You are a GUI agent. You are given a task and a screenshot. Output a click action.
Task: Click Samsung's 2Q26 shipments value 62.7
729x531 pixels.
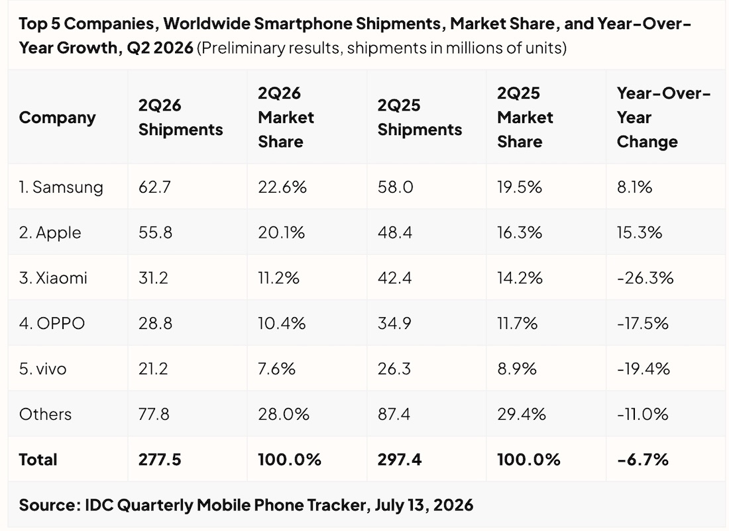[154, 187]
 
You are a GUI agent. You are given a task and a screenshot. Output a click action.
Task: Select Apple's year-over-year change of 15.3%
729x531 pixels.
[640, 232]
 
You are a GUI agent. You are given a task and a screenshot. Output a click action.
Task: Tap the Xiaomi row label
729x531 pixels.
[53, 278]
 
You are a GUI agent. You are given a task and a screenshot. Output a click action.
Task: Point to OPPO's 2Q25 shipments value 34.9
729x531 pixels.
[394, 323]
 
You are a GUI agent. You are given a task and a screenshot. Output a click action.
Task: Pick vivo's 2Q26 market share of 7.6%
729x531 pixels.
[276, 369]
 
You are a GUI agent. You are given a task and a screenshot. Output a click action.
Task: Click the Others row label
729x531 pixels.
[45, 414]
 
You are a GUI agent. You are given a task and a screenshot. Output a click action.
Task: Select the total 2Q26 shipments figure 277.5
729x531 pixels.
[160, 459]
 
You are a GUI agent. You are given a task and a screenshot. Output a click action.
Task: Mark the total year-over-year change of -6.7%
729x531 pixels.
[643, 459]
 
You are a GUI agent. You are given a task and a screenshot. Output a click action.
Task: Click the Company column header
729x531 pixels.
[57, 118]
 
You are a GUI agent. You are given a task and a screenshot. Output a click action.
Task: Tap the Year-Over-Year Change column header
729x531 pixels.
[663, 118]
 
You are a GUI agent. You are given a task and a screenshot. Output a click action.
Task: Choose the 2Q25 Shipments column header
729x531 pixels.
[420, 118]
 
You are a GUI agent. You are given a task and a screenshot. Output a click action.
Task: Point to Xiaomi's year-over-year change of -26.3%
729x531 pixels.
[645, 278]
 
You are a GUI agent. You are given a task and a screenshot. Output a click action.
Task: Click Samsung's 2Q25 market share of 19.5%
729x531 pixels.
[520, 187]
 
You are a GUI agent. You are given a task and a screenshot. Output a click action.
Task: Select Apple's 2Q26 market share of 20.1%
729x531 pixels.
[281, 232]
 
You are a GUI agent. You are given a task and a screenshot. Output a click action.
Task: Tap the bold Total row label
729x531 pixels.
[38, 459]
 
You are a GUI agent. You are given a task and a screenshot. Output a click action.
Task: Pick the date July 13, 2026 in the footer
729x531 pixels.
[424, 505]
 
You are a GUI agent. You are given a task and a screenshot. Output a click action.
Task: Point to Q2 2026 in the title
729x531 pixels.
[160, 48]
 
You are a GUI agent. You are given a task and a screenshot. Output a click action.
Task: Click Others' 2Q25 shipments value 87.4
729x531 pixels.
[394, 414]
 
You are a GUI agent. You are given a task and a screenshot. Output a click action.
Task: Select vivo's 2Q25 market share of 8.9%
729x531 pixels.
[516, 369]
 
